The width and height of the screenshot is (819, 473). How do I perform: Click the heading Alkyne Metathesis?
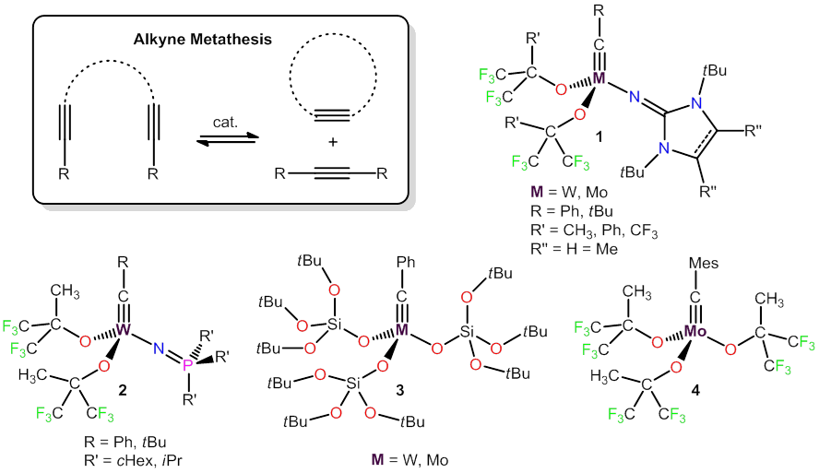click(221, 41)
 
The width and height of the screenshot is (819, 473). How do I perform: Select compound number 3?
click(399, 391)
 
